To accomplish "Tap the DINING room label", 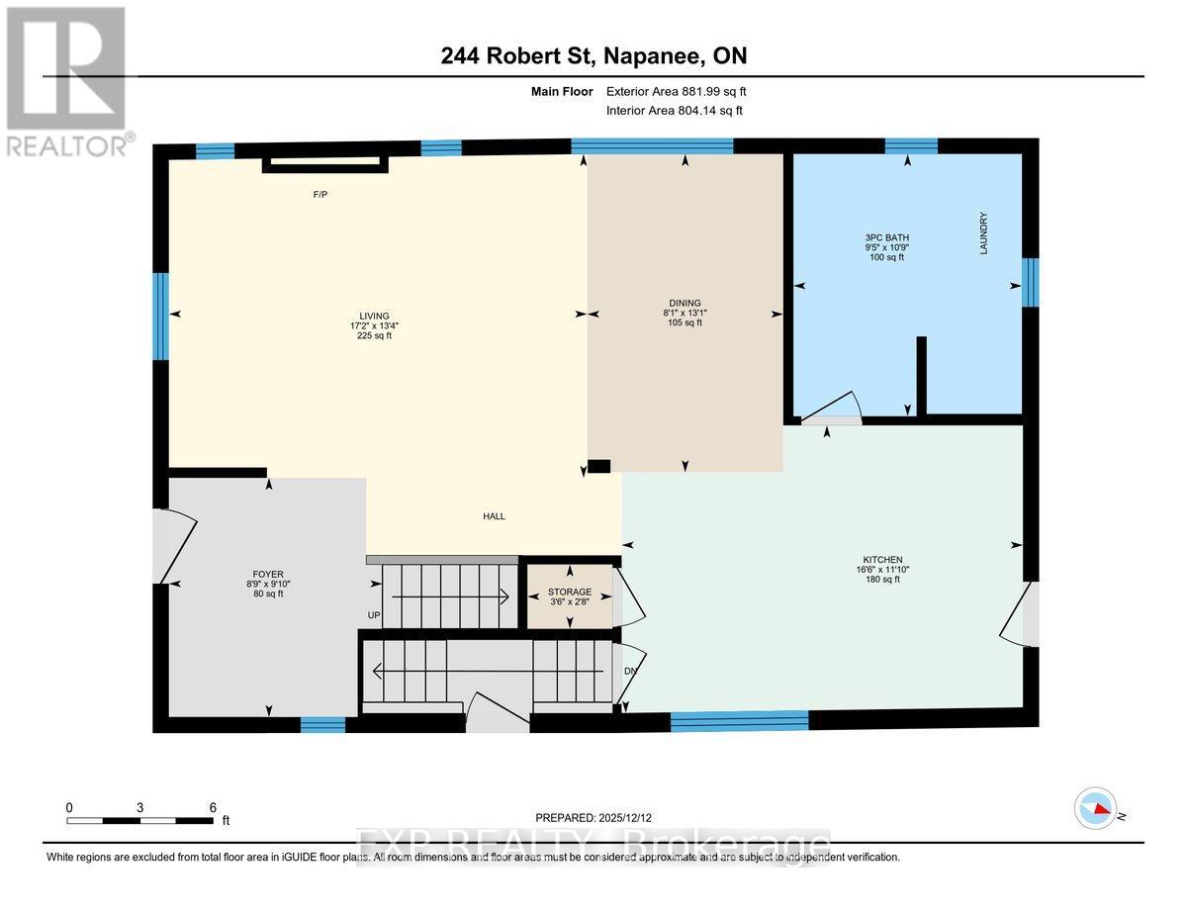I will pos(684,304).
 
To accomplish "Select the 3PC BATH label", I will pos(885,237).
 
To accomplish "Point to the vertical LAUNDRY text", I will pos(984,233).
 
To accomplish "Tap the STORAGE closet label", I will pos(570,592).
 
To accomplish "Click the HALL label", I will pos(494,516).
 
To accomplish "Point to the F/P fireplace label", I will pos(320,195).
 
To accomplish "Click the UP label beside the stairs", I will pos(374,616).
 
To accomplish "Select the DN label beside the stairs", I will pos(631,671).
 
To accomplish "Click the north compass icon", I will pos(1096,809).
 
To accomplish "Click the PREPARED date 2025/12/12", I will pos(593,818).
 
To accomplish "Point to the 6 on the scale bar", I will pos(212,807).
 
